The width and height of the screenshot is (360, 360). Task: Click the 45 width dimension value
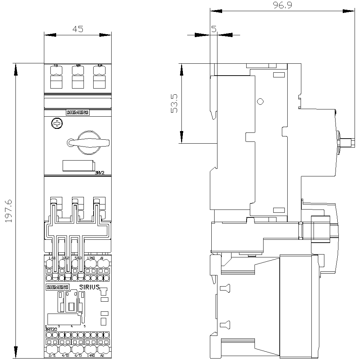tap(78, 29)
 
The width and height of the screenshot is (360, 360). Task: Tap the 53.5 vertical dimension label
tap(174, 104)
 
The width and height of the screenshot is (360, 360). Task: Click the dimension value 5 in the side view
tap(213, 29)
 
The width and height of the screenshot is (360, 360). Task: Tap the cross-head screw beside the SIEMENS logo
tap(57, 124)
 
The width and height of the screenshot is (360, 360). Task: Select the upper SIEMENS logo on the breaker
tap(77, 112)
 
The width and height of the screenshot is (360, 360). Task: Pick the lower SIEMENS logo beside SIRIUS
tap(57, 287)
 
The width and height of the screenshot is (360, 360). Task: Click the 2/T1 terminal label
tap(52, 356)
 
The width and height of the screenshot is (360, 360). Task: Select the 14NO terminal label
tap(91, 356)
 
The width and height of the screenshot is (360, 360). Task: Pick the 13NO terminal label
tap(91, 258)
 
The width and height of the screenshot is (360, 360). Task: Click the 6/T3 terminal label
tap(78, 356)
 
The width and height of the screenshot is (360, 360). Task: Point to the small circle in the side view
tap(261, 102)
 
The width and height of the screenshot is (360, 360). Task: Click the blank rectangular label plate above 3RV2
tap(78, 166)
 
